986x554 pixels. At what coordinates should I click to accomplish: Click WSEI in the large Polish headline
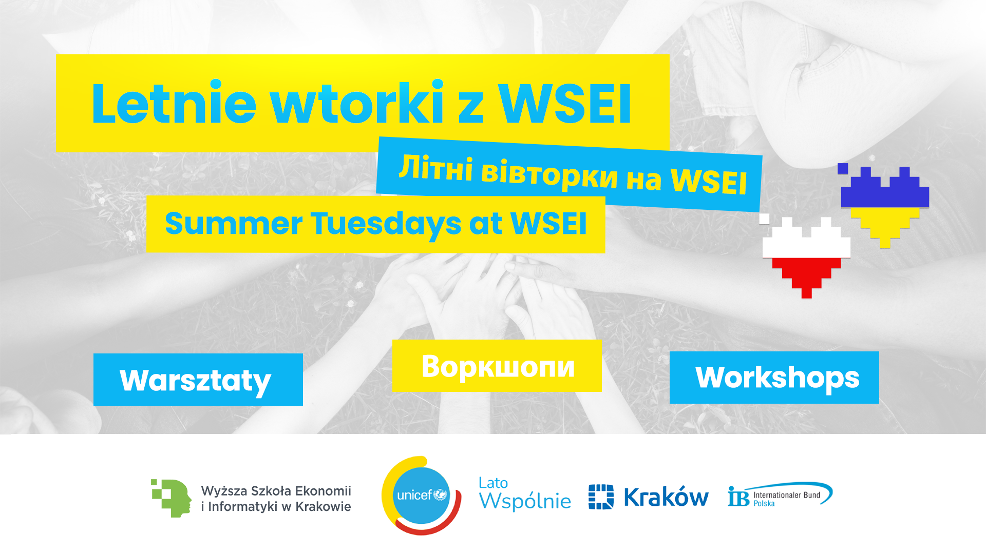[565, 103]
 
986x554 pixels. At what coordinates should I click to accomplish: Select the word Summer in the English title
[234, 223]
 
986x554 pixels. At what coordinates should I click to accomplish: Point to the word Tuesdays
[386, 224]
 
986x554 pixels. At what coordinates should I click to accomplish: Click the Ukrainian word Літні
[435, 168]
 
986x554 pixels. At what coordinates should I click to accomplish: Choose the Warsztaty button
[198, 380]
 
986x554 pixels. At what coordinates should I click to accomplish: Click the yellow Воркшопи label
[497, 366]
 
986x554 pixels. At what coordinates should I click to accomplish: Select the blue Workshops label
[774, 378]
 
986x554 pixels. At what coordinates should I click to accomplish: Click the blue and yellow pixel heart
[884, 205]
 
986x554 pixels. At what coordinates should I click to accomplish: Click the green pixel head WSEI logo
[171, 498]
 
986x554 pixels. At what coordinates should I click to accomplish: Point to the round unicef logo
[421, 496]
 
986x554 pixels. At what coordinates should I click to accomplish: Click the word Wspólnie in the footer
[525, 501]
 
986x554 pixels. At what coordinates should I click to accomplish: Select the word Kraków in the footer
[666, 497]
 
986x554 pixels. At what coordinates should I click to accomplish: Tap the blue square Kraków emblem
[601, 497]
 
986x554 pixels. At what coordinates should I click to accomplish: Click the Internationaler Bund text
[787, 495]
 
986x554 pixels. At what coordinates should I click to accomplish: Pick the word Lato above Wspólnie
[493, 483]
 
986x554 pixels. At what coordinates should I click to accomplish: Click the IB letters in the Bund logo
[738, 496]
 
